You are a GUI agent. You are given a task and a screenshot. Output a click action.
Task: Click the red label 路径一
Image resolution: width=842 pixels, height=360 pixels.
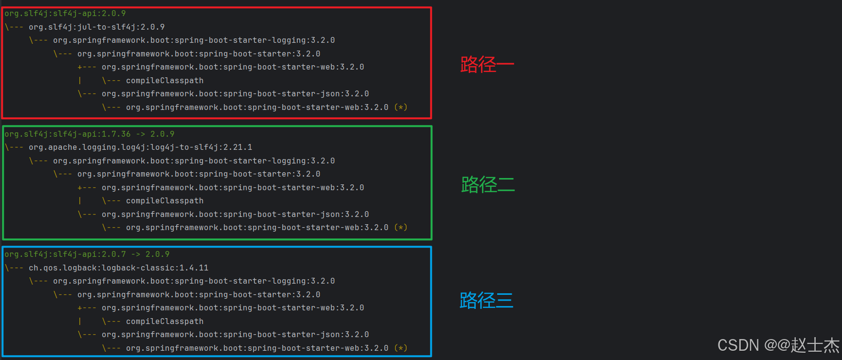click(x=486, y=64)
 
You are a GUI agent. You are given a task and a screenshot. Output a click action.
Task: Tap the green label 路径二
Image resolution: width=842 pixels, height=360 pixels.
click(x=487, y=185)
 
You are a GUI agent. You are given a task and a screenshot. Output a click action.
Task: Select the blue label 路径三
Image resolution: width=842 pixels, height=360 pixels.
click(x=486, y=301)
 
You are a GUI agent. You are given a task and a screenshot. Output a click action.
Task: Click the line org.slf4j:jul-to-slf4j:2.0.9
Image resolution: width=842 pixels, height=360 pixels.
click(x=96, y=27)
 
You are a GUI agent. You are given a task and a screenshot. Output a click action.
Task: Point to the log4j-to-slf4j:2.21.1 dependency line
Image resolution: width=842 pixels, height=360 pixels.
click(x=140, y=147)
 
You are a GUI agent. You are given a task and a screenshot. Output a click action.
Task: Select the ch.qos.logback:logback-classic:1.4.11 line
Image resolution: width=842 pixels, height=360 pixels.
click(x=118, y=268)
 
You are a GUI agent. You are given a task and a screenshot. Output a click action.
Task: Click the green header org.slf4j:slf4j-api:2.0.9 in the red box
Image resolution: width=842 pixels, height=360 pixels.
click(x=65, y=14)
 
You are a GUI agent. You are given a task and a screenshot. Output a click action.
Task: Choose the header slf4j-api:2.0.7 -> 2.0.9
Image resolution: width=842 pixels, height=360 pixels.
click(x=87, y=254)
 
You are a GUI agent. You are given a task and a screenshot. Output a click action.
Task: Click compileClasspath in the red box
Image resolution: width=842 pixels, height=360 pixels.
click(x=164, y=81)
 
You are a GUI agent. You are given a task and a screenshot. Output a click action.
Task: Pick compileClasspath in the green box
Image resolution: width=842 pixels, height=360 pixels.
click(x=164, y=201)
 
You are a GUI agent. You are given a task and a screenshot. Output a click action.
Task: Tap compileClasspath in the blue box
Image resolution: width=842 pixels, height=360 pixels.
click(x=164, y=322)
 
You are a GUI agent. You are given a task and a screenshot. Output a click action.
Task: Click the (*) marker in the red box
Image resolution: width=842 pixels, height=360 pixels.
click(x=400, y=108)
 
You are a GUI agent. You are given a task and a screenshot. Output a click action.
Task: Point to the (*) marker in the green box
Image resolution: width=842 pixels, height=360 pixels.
click(x=400, y=228)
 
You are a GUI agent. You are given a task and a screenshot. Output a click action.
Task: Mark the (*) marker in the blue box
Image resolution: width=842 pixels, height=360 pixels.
click(x=400, y=348)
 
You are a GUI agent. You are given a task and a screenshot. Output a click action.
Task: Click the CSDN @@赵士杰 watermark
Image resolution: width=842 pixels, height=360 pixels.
click(x=778, y=345)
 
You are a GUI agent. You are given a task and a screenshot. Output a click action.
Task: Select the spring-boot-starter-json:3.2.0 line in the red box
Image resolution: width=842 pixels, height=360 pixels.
click(x=235, y=94)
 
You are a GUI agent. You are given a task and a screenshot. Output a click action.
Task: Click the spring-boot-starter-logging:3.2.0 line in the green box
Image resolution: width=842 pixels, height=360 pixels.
click(x=194, y=161)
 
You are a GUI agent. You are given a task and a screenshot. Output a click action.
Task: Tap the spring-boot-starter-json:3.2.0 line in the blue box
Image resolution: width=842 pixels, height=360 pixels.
click(x=235, y=335)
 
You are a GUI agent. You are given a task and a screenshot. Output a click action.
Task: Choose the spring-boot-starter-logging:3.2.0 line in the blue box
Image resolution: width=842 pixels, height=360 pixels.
click(x=194, y=281)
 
